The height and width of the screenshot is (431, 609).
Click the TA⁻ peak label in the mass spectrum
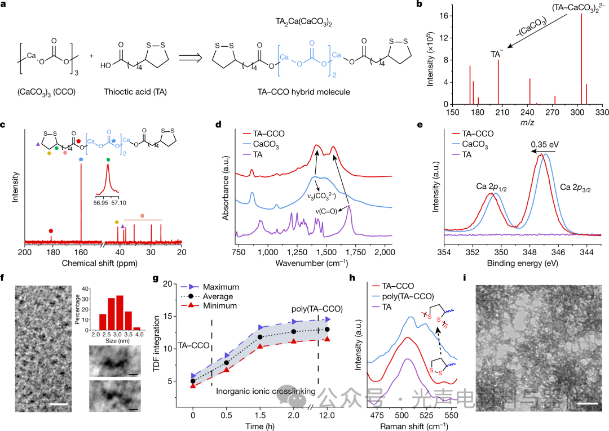click(497, 54)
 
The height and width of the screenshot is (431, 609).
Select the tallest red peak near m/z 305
click(581, 59)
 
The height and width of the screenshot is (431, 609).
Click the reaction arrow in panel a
click(190, 57)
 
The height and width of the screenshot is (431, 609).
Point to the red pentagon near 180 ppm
click(51, 230)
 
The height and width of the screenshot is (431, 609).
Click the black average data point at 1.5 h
click(261, 337)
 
